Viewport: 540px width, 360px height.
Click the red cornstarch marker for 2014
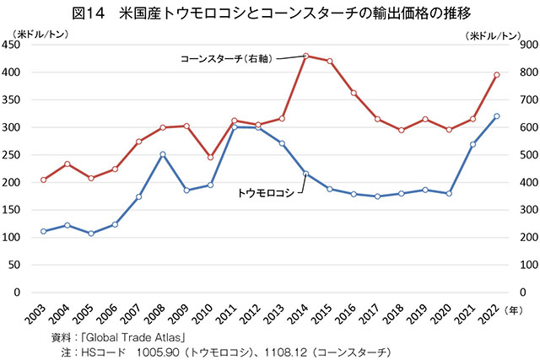(x=305, y=56)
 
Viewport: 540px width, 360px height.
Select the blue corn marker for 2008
(x=162, y=154)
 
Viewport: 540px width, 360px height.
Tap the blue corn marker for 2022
(x=497, y=116)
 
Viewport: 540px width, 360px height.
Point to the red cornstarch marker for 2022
(x=497, y=75)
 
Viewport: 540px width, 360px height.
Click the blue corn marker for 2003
(x=43, y=231)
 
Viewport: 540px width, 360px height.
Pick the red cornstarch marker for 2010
(x=210, y=157)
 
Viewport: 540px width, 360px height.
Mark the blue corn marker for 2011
(x=234, y=127)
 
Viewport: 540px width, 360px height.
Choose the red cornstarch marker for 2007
(x=138, y=142)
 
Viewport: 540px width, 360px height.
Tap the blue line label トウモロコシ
(x=265, y=192)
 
